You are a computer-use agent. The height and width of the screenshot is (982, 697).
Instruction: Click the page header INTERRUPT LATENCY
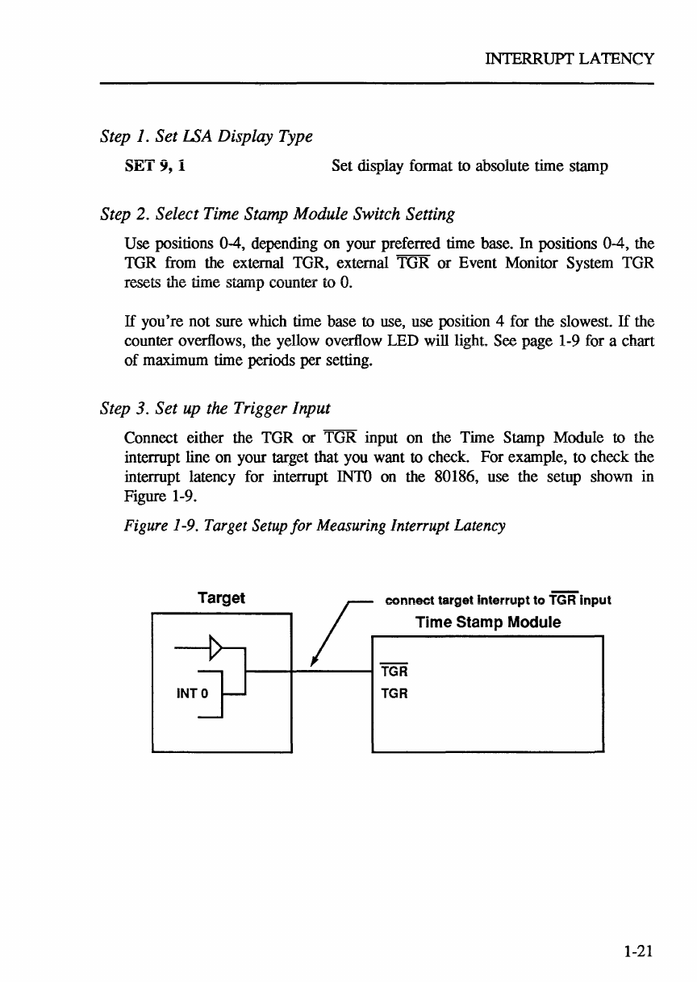(x=568, y=59)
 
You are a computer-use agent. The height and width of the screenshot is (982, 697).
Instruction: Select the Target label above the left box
(x=221, y=597)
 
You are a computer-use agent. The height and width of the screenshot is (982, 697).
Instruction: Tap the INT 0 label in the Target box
(x=194, y=691)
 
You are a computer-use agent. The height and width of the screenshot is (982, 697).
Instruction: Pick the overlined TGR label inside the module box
(x=394, y=671)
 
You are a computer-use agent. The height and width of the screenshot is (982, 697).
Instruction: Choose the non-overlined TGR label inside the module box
(x=394, y=692)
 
